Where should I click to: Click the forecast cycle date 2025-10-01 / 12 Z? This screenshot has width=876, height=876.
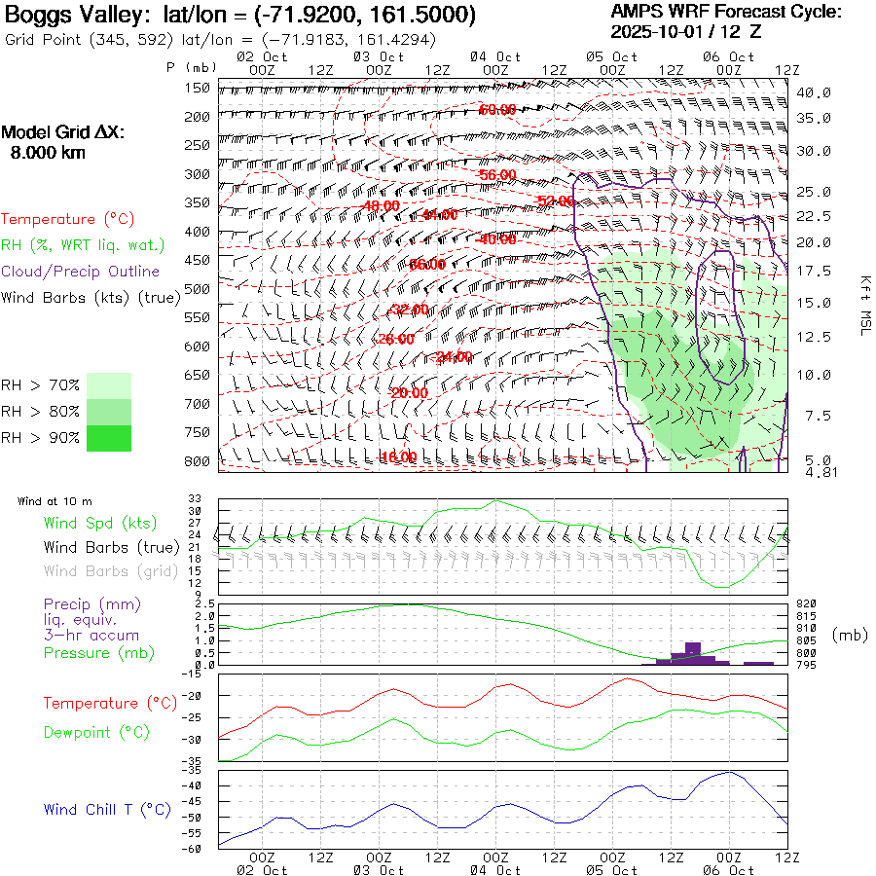click(x=686, y=31)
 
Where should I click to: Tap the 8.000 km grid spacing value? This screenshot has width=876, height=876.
click(x=48, y=153)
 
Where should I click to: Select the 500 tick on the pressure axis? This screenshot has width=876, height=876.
click(x=198, y=289)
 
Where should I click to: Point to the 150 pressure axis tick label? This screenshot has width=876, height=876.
click(x=198, y=89)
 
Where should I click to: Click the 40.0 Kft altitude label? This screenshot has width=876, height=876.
click(x=813, y=93)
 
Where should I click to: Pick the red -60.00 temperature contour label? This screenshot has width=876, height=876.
click(x=497, y=110)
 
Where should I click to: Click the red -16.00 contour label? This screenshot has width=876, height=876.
click(x=398, y=456)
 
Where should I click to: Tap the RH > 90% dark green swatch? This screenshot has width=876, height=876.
click(x=109, y=438)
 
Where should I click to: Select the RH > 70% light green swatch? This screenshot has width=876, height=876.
click(x=109, y=385)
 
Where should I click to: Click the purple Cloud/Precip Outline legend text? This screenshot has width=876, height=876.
click(x=81, y=272)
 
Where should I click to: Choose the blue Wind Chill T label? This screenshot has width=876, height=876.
click(x=107, y=809)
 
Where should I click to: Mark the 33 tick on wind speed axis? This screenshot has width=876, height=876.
click(x=195, y=499)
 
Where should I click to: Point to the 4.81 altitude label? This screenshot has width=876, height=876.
click(x=813, y=472)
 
